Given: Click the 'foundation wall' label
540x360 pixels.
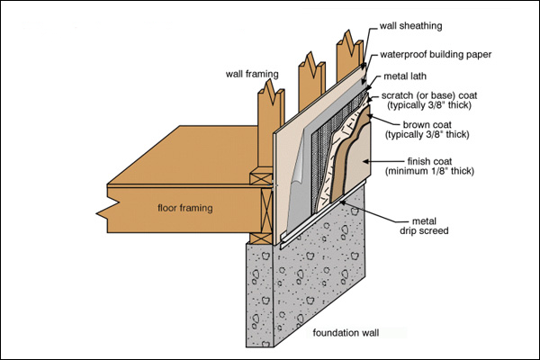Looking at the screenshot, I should coord(346,333).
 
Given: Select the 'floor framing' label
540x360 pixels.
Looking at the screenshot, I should coord(184,208).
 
